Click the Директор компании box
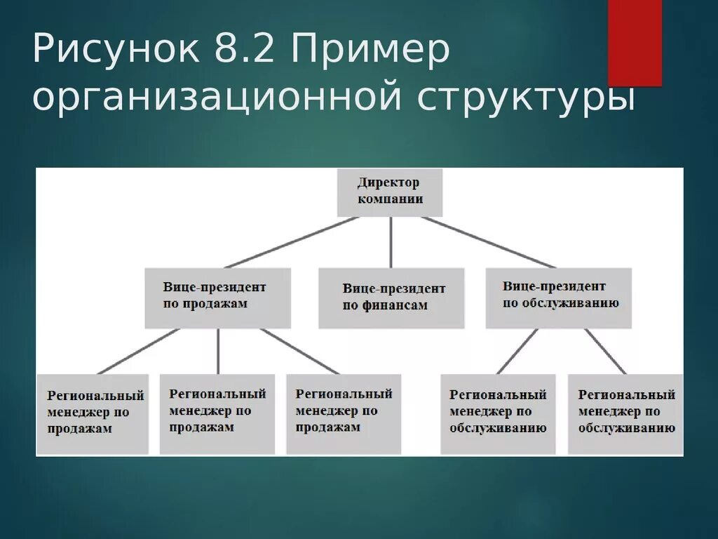pos(390,192)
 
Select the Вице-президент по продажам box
pos(217,298)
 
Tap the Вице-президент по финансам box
pos(391,298)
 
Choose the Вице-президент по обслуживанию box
pos(558,298)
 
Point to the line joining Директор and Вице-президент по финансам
pos(391,242)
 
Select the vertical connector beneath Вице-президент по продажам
pos(218,351)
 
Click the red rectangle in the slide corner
pos(635,42)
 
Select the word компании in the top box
pos(390,199)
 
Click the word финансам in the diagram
pos(395,305)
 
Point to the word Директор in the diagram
pos(388,182)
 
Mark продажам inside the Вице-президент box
pos(215,304)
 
